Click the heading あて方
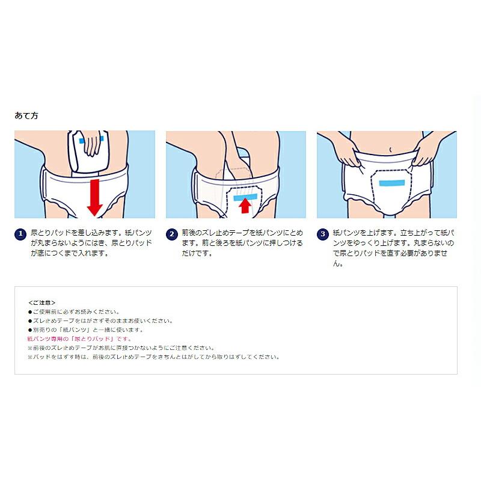pos(26,115)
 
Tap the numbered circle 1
pos(20,233)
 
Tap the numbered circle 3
pos(322,233)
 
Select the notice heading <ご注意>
pos(41,302)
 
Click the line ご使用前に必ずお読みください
pos(76,311)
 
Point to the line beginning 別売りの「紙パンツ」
pos(88,329)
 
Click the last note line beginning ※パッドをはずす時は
pos(153,357)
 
